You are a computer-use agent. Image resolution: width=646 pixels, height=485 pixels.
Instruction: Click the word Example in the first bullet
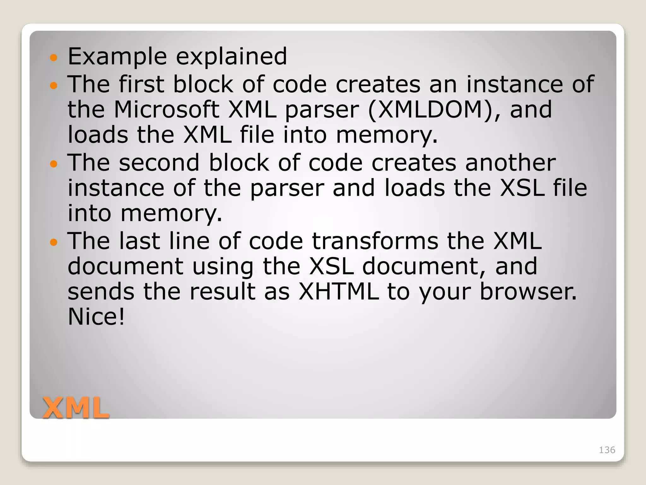pyautogui.click(x=117, y=57)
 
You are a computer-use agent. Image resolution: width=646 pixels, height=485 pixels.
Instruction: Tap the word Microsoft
pyautogui.click(x=166, y=110)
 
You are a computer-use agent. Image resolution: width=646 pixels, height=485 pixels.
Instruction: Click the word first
pyautogui.click(x=141, y=84)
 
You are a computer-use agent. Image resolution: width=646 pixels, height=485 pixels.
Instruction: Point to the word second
pyautogui.click(x=159, y=163)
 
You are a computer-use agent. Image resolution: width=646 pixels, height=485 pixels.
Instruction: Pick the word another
pyautogui.click(x=510, y=163)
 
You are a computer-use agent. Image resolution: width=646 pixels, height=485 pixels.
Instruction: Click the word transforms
pyautogui.click(x=375, y=241)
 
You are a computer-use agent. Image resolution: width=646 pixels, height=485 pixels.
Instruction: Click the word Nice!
pyautogui.click(x=96, y=316)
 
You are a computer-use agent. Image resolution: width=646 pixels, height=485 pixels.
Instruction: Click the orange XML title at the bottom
pyautogui.click(x=76, y=408)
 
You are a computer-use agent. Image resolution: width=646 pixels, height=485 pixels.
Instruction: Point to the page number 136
pyautogui.click(x=607, y=450)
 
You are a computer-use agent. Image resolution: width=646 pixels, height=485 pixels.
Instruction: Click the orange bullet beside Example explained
pyautogui.click(x=54, y=58)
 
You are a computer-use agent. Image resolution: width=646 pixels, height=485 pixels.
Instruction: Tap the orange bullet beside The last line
pyautogui.click(x=54, y=242)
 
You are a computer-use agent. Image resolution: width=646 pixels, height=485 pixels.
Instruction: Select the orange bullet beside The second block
pyautogui.click(x=54, y=164)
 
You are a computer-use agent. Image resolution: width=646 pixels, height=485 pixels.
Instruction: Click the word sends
pyautogui.click(x=101, y=291)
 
